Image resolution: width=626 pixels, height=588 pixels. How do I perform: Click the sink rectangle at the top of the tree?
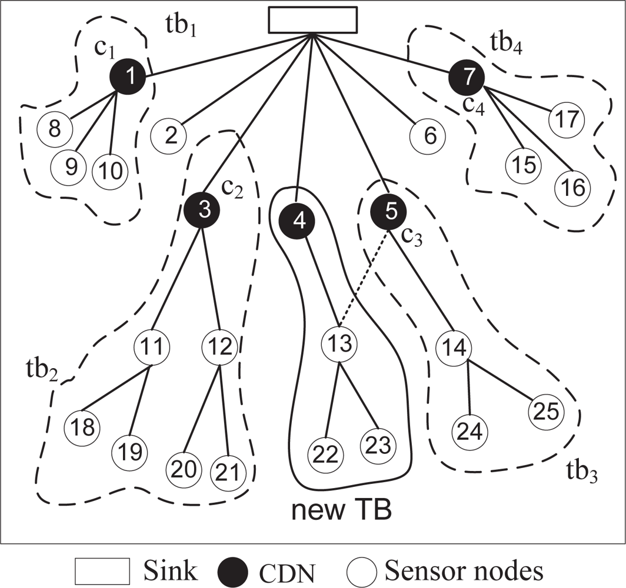312,19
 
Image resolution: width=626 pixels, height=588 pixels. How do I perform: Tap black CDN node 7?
467,77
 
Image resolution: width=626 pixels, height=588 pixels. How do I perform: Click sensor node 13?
338,344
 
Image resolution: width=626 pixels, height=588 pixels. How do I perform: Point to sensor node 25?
546,411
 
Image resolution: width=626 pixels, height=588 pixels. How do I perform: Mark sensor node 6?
429,137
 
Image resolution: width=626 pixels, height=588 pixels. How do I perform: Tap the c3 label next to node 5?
413,235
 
